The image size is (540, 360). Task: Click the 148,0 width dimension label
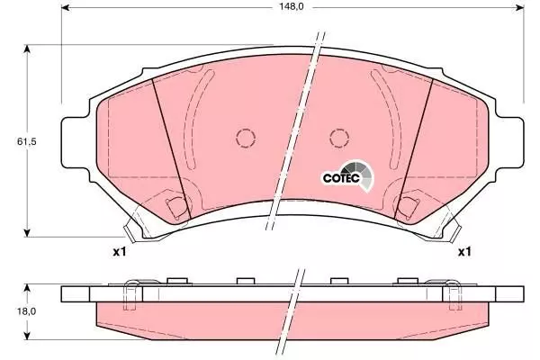pyautogui.click(x=292, y=6)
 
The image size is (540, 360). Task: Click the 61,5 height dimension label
pyautogui.click(x=26, y=141)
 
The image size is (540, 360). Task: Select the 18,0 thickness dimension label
pyautogui.click(x=26, y=311)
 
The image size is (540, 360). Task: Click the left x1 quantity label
pyautogui.click(x=120, y=252)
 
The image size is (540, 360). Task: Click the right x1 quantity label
pyautogui.click(x=463, y=252)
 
